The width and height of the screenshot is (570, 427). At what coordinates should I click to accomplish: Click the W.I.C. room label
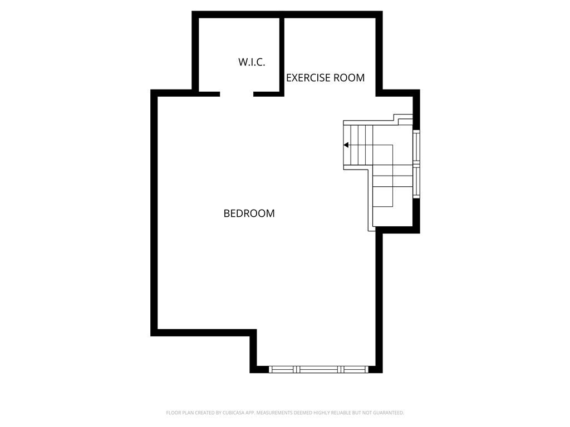252,62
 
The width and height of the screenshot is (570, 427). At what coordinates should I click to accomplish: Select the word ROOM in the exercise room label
349,78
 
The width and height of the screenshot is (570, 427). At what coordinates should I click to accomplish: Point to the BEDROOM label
249,213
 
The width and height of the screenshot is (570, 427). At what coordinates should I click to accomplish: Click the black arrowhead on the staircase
346,145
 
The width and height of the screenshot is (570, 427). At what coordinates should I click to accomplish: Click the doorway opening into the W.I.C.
237,93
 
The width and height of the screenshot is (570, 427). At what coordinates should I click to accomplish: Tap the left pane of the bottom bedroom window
283,369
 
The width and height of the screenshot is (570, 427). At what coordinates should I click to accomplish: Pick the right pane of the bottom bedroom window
356,369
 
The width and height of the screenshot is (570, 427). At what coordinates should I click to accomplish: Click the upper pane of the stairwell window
416,147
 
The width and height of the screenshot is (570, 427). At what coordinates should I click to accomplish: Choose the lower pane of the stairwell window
416,182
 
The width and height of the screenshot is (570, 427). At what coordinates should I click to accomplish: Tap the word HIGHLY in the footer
320,413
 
